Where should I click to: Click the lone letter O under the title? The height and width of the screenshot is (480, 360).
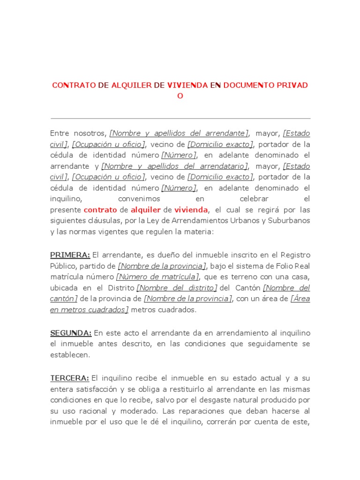180,96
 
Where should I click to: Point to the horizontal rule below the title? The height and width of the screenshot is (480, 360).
180,119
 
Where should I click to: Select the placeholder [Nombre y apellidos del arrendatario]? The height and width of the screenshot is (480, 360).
175,166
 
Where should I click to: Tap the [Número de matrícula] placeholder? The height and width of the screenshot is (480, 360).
158,277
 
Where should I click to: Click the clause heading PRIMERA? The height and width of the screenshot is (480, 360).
70,255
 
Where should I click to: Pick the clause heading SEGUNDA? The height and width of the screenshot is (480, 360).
71,333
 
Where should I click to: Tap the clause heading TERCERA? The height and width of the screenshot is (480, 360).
69,378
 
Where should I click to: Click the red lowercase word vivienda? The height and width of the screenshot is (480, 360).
191,210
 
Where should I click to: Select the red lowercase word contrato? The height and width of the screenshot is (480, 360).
100,210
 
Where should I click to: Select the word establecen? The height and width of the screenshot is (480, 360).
70,355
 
